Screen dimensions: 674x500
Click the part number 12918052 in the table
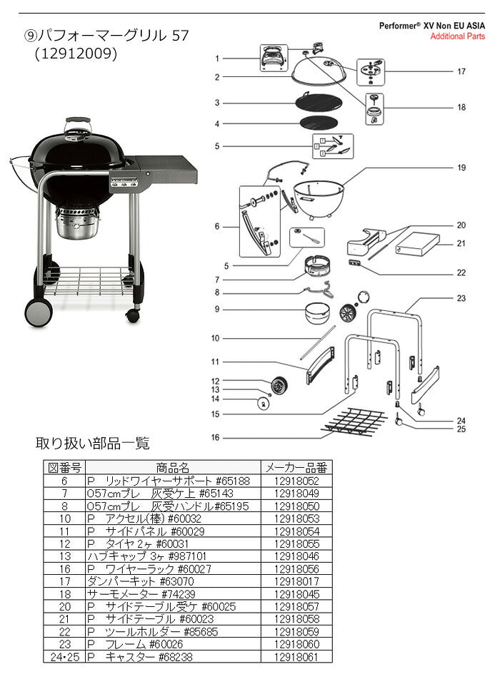(x=296, y=481)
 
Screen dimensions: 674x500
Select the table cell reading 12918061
(x=296, y=656)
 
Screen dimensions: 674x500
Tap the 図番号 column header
(x=64, y=468)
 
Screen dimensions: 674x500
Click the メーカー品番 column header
(x=296, y=468)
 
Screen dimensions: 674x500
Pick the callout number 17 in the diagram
(x=461, y=71)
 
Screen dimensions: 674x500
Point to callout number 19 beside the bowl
(x=461, y=168)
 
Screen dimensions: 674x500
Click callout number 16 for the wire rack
(x=216, y=437)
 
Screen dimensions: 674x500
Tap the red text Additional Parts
(x=457, y=36)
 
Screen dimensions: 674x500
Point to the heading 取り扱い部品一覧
(x=93, y=444)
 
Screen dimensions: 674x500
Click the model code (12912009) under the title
(x=76, y=53)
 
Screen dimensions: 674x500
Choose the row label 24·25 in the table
(x=64, y=656)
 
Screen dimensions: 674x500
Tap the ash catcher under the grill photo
(x=79, y=225)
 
